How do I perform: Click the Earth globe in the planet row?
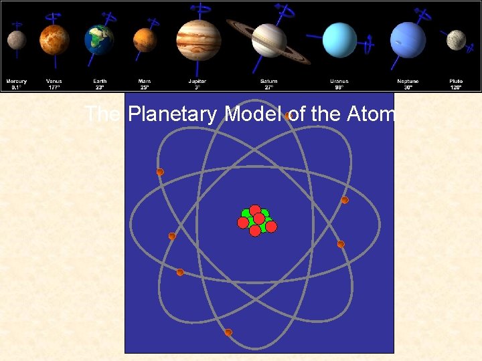[x=99, y=40]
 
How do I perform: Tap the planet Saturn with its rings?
[x=269, y=40]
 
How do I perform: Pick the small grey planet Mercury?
[x=17, y=40]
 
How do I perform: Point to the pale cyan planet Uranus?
[x=339, y=40]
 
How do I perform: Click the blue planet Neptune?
[x=408, y=40]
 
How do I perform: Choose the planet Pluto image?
[x=456, y=39]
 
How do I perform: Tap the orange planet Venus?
[x=54, y=39]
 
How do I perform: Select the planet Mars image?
[x=144, y=39]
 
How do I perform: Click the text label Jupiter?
[x=197, y=82]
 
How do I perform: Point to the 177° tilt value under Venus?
[x=54, y=87]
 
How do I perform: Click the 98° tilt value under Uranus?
[x=339, y=87]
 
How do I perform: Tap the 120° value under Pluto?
[x=456, y=87]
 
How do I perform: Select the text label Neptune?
[x=408, y=82]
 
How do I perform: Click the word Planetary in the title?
[x=173, y=115]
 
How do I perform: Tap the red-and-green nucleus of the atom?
[x=256, y=221]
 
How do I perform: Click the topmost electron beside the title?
[x=287, y=116]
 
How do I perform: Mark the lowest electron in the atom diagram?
[x=228, y=332]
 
